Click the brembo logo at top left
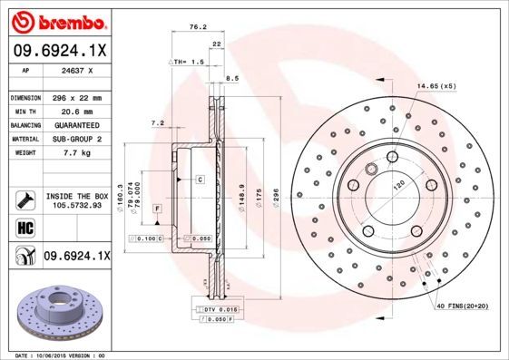pyautogui.click(x=59, y=19)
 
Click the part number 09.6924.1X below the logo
pyautogui.click(x=60, y=49)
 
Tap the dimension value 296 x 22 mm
pyautogui.click(x=77, y=97)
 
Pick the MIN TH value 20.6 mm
pyautogui.click(x=77, y=111)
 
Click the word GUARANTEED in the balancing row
pyautogui.click(x=77, y=125)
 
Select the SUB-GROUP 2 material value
pyautogui.click(x=77, y=140)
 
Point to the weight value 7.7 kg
pyautogui.click(x=77, y=154)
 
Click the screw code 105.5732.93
pyautogui.click(x=76, y=205)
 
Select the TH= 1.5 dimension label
pyautogui.click(x=187, y=61)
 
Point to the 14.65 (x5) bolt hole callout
pyautogui.click(x=436, y=85)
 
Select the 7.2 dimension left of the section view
pyautogui.click(x=156, y=122)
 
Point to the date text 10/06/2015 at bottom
pyautogui.click(x=60, y=355)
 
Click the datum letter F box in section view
pyautogui.click(x=157, y=209)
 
